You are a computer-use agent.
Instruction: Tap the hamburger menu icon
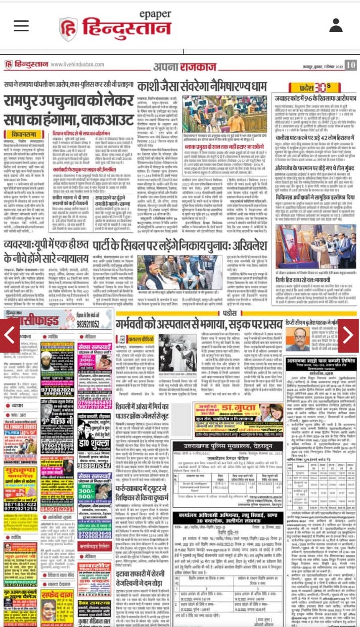[x=21, y=26]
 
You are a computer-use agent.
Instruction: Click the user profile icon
[x=336, y=25]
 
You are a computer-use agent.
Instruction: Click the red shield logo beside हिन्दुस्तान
[x=68, y=29]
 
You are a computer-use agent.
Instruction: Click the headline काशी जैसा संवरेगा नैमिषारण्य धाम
[x=202, y=86]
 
